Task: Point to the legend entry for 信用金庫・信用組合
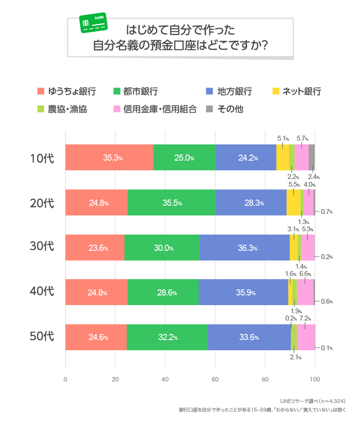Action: (x=155, y=109)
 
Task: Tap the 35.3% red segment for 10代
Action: (x=109, y=158)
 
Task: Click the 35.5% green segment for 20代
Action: (x=171, y=203)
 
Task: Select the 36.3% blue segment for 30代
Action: (x=244, y=248)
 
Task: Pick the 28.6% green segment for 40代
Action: (x=163, y=292)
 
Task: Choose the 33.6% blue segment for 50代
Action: (x=248, y=337)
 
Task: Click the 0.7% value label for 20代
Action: (x=327, y=211)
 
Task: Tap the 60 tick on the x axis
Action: (x=215, y=378)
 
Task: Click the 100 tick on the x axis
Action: (x=314, y=378)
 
